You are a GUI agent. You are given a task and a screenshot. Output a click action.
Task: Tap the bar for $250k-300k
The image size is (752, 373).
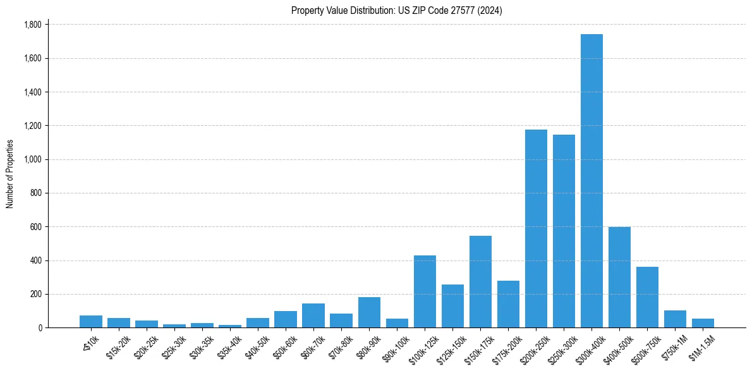(x=564, y=231)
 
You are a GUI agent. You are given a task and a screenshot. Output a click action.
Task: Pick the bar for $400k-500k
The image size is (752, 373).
(x=619, y=278)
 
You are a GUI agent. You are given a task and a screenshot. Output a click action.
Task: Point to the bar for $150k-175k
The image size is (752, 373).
(x=480, y=282)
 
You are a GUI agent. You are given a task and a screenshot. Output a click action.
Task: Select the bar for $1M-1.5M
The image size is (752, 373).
(x=703, y=323)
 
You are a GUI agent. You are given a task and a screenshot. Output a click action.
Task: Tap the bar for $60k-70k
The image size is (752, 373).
(x=313, y=315)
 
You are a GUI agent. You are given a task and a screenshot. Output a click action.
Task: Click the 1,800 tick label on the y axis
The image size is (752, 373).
(x=32, y=25)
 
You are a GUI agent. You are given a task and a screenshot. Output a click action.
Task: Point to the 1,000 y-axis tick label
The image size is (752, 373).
(x=32, y=159)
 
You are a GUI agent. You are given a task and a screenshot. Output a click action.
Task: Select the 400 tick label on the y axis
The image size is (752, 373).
(x=35, y=260)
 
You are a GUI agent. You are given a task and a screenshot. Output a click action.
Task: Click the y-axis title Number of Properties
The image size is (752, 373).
(x=10, y=174)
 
